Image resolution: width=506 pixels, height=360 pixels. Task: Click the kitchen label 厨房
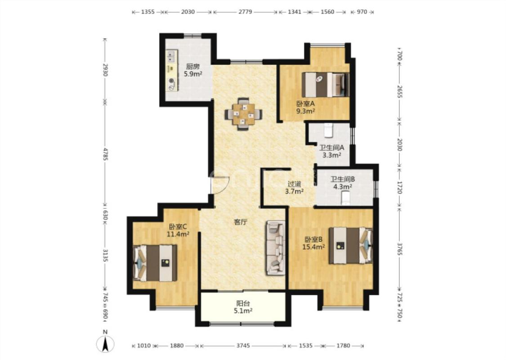(193, 67)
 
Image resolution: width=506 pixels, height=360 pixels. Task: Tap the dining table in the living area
(243, 114)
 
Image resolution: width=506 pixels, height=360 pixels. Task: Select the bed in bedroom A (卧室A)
(325, 85)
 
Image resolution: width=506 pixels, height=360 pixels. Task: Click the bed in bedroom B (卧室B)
(350, 246)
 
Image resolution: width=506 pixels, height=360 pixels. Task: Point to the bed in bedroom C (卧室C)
(155, 263)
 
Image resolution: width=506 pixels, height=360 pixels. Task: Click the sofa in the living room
(276, 247)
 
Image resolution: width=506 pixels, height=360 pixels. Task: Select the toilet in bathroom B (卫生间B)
(345, 198)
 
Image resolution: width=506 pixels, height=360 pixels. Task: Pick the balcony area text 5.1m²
(243, 311)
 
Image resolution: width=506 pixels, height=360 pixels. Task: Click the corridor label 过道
(294, 184)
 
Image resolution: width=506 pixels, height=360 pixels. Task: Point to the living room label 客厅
(241, 222)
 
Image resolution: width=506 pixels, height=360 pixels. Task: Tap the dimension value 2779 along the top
(245, 12)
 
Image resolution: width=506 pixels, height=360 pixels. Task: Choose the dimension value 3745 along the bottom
(243, 346)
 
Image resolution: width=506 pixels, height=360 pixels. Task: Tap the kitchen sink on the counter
(171, 57)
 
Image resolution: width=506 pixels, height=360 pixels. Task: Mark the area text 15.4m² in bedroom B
(313, 247)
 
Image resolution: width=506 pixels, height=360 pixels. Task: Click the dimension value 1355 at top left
(148, 12)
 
